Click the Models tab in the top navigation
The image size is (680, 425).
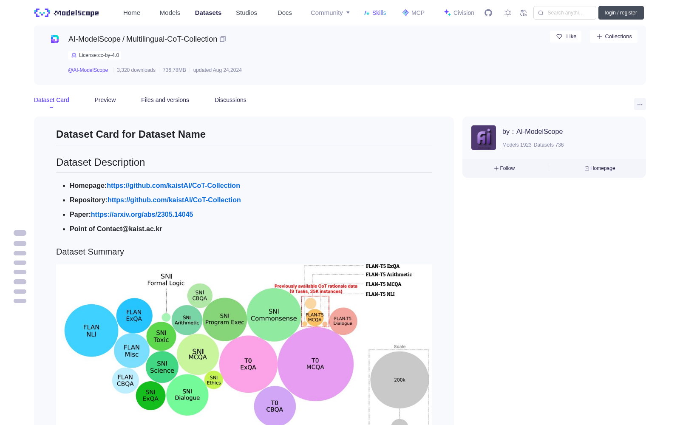[x=170, y=13]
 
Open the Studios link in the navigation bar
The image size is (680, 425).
[x=246, y=13]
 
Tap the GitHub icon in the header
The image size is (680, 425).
[x=488, y=13]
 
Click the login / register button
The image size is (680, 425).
[x=621, y=13]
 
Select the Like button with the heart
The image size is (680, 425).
[x=566, y=37]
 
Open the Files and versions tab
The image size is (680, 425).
[x=165, y=100]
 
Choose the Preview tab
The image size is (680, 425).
[x=105, y=100]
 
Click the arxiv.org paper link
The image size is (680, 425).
[x=142, y=214]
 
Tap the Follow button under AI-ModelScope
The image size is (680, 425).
[x=504, y=168]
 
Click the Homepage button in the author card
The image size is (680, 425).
[x=600, y=168]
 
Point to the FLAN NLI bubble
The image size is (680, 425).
[x=91, y=330]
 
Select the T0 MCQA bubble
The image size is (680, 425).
[x=315, y=364]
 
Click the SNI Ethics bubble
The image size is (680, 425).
[x=214, y=380]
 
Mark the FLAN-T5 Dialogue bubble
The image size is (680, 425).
[x=343, y=321]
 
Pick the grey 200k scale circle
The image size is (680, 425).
[x=399, y=380]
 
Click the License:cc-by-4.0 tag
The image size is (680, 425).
[x=95, y=55]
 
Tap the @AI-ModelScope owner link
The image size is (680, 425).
[x=88, y=70]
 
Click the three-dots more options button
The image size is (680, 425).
[x=640, y=105]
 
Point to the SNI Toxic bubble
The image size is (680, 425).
[x=161, y=336]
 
